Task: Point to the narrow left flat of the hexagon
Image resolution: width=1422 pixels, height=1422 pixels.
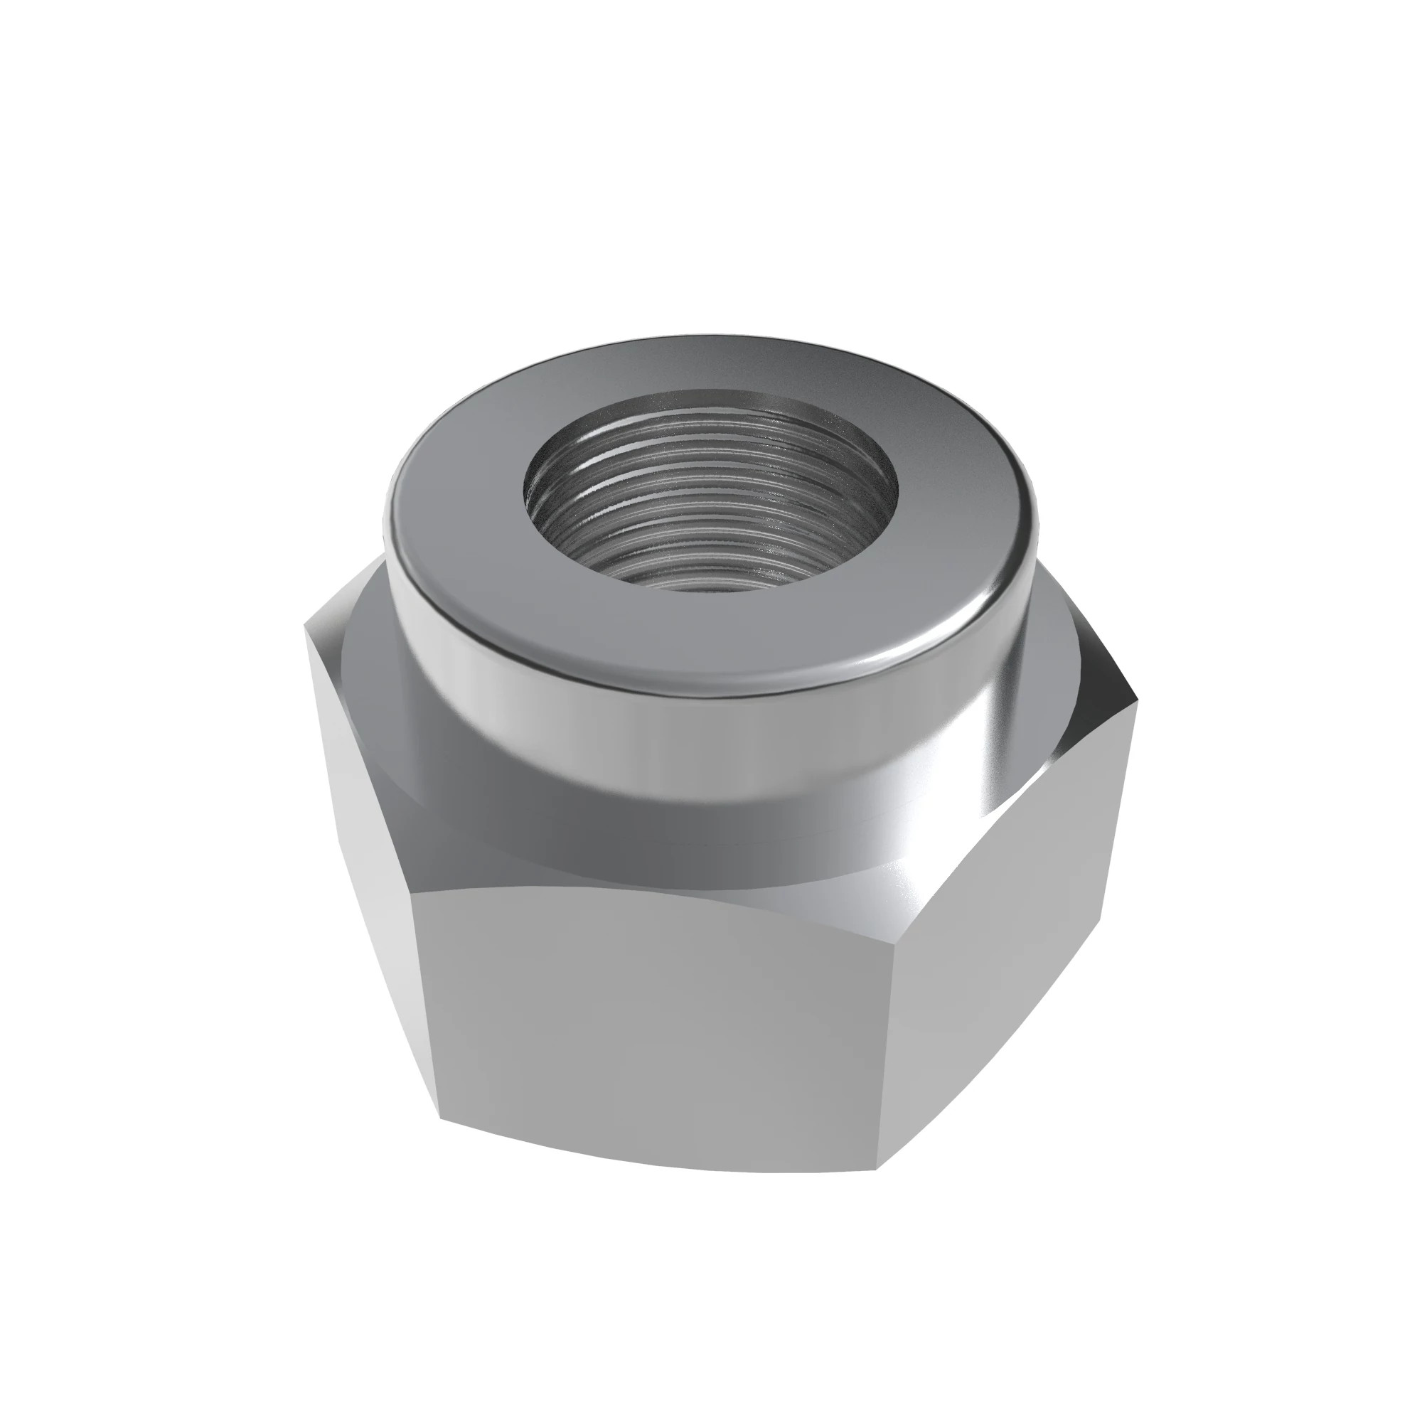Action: [360, 846]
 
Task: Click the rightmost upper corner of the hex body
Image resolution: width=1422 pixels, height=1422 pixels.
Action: [1138, 699]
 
